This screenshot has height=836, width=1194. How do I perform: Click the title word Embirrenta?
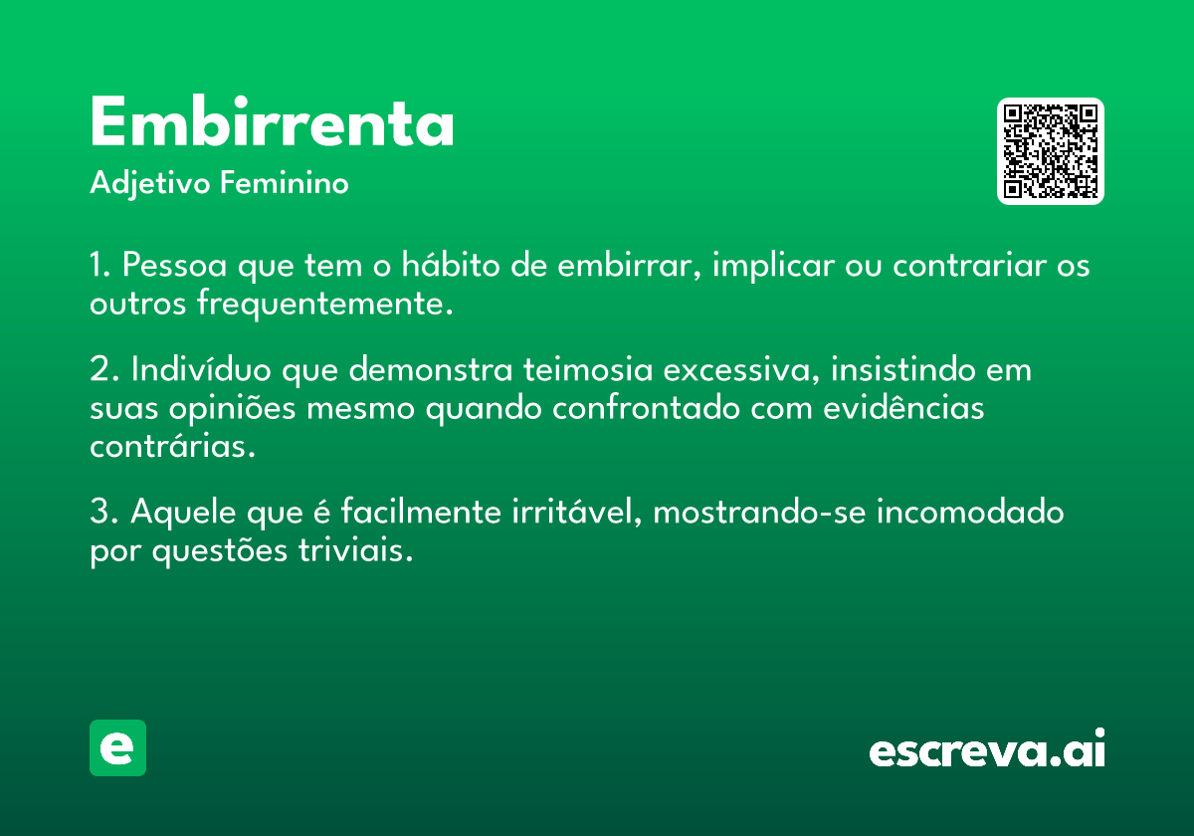(272, 121)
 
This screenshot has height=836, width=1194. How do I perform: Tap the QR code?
(1050, 151)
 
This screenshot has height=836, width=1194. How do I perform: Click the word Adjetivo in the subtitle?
(150, 184)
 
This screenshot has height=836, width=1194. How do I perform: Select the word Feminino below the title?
(285, 183)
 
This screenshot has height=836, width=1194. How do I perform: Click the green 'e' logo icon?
(117, 747)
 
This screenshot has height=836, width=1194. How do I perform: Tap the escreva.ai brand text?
(987, 747)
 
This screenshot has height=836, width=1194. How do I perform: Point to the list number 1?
(99, 265)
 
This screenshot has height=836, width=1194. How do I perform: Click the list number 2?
(103, 369)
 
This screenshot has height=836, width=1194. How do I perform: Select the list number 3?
(103, 512)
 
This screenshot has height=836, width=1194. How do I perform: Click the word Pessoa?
(175, 265)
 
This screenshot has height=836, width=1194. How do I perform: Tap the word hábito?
(451, 264)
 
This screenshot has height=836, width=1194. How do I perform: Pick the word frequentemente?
(324, 305)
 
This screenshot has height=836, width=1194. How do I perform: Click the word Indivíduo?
(201, 368)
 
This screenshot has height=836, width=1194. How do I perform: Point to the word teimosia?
(588, 369)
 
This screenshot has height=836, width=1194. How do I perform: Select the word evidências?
(903, 407)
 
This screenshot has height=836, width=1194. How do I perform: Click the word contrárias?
(173, 445)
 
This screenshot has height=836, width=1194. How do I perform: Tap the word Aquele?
(183, 512)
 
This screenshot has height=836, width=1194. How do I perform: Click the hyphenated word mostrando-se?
(759, 512)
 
